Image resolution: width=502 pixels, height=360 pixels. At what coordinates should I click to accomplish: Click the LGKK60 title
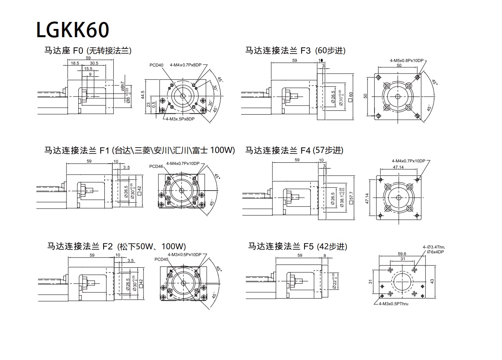tap(72, 30)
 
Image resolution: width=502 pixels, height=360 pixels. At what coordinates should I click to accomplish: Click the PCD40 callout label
tap(156, 65)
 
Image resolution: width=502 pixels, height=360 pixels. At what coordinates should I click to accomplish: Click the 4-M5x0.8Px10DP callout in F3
tap(407, 61)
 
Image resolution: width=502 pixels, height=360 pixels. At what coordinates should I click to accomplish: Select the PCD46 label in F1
tap(156, 166)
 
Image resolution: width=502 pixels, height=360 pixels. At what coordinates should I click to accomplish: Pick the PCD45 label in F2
tap(161, 259)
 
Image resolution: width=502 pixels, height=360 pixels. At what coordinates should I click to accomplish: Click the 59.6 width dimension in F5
tap(402, 254)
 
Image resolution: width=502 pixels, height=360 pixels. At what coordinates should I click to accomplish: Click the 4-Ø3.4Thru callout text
tap(434, 247)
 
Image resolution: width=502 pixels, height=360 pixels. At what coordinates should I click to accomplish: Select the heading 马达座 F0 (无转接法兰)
tap(88, 50)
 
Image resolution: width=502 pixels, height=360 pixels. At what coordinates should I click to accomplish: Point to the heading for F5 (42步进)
tap(298, 247)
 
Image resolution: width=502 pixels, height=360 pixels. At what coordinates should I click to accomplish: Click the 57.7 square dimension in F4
tap(351, 196)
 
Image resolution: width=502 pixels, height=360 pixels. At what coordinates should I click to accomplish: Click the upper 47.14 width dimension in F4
tap(398, 167)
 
